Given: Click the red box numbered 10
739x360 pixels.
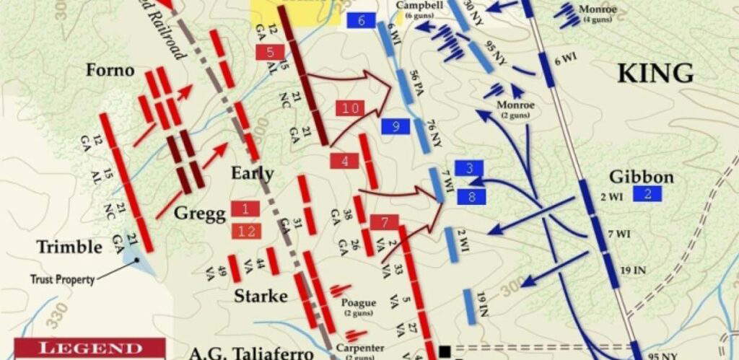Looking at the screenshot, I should point(350,108).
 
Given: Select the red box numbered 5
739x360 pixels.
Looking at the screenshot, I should point(270,52).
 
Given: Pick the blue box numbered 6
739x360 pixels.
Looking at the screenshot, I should point(361,20).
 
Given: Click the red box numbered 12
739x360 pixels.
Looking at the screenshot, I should point(245,231).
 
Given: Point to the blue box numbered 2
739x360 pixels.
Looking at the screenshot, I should point(647,193).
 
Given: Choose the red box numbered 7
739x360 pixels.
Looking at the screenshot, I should point(385,222).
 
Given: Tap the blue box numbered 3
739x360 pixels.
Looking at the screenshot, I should point(469,169).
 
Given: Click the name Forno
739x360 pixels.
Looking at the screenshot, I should point(110,70).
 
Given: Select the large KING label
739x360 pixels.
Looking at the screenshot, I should point(655,73).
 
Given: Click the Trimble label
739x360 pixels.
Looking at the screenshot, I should point(69,247).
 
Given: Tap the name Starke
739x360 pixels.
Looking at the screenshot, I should point(261,297).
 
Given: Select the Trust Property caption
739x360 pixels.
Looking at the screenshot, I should point(62,279).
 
